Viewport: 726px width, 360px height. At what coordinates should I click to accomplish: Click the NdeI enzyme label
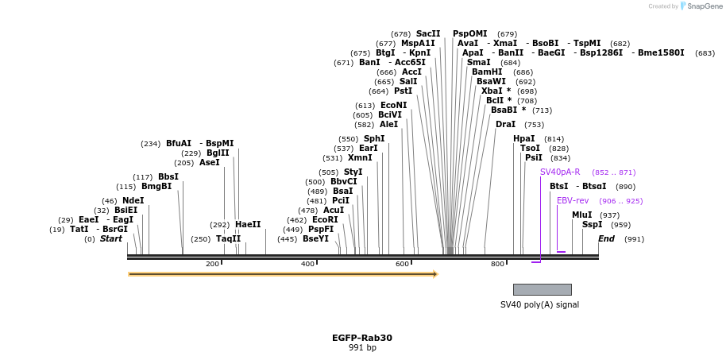pyautogui.click(x=133, y=200)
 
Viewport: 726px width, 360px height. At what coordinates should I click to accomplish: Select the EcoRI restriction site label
pyautogui.click(x=325, y=219)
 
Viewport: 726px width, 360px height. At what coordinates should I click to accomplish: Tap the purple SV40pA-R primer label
pyautogui.click(x=560, y=172)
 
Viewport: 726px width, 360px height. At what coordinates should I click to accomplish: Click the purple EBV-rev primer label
pyautogui.click(x=573, y=200)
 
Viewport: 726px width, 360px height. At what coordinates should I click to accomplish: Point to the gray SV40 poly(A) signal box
pyautogui.click(x=542, y=289)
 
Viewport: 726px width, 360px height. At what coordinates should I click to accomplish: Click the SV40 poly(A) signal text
pyautogui.click(x=539, y=304)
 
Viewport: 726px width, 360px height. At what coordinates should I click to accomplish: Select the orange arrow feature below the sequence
pyautogui.click(x=283, y=274)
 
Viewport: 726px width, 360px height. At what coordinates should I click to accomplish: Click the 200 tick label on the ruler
pyautogui.click(x=212, y=264)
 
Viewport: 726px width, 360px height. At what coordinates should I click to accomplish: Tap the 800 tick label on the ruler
pyautogui.click(x=497, y=264)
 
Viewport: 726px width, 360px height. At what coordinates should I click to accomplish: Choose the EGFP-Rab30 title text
pyautogui.click(x=362, y=338)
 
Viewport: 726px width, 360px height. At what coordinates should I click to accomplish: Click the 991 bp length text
pyautogui.click(x=362, y=348)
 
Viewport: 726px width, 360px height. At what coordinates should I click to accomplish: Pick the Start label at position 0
pyautogui.click(x=110, y=238)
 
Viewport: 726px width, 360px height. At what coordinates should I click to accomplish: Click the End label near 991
pyautogui.click(x=606, y=238)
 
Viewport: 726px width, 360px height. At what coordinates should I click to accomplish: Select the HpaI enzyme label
pyautogui.click(x=524, y=138)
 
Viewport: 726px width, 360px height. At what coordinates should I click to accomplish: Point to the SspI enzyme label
pyautogui.click(x=592, y=224)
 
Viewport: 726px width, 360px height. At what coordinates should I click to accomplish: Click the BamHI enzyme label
pyautogui.click(x=487, y=72)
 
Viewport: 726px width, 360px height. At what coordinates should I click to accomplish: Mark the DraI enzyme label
pyautogui.click(x=505, y=124)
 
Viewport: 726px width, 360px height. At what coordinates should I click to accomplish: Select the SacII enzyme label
pyautogui.click(x=428, y=33)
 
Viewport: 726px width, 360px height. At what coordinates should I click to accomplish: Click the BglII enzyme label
pyautogui.click(x=218, y=153)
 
